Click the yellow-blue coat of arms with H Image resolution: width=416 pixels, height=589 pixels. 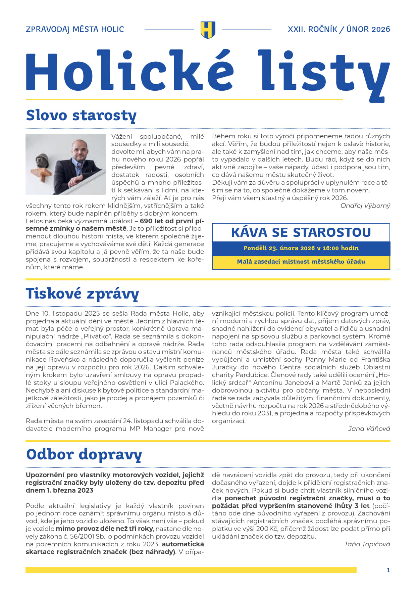click(x=208, y=30)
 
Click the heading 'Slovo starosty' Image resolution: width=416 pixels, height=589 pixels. click(x=81, y=115)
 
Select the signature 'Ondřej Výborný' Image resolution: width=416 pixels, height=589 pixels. click(x=365, y=206)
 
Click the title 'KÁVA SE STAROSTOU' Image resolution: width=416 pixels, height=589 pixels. click(x=301, y=232)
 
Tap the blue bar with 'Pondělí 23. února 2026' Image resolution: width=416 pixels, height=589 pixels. click(x=301, y=248)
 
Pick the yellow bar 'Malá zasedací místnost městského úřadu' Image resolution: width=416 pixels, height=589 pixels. click(x=301, y=262)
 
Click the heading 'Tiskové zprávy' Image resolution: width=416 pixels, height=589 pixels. click(x=82, y=293)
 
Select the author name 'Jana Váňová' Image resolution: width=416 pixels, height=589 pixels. click(x=369, y=429)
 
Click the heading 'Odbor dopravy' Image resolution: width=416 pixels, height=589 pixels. click(x=84, y=455)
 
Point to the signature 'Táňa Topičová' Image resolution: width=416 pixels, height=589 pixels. click(x=367, y=544)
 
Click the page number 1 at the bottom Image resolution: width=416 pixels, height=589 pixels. click(x=388, y=570)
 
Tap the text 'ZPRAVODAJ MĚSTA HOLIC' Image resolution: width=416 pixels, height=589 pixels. click(x=75, y=30)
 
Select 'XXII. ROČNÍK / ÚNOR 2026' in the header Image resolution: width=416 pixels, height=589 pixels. click(x=339, y=30)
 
